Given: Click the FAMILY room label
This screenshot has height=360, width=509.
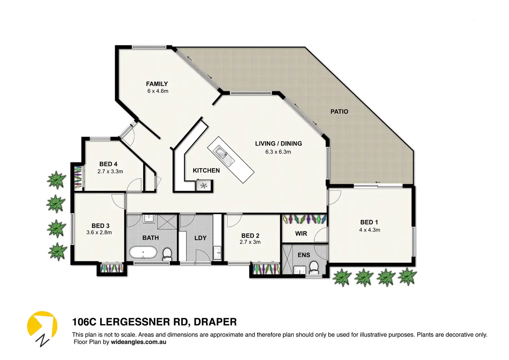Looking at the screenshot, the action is pos(157,84).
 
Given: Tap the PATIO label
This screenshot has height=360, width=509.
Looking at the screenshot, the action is pos(339,112).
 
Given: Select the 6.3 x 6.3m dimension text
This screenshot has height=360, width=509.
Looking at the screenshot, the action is pos(278,152).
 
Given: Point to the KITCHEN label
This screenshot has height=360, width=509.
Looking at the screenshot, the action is pos(206,170).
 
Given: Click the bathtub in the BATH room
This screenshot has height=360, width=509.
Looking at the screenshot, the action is pos(143,252).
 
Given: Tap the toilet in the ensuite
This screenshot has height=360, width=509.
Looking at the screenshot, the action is pos(314,267).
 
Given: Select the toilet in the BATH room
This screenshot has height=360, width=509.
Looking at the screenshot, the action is pos(167,254).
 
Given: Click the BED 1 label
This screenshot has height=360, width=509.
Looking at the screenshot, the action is pos(369,222).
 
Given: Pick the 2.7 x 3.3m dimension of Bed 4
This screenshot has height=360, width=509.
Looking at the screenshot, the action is pos(110,172).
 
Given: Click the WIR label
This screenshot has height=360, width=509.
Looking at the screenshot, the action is pos(301,233).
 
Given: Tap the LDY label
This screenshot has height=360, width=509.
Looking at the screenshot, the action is pos(201,238).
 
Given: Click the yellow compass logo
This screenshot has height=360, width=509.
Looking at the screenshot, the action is pos(42,324).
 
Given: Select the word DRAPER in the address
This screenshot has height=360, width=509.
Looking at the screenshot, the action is pos(215,322).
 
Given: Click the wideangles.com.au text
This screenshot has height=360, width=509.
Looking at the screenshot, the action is pos(138,342).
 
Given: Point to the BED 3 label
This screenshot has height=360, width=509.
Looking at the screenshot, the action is pos(100,226).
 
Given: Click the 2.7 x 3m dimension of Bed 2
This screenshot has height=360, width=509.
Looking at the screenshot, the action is pos(250,242).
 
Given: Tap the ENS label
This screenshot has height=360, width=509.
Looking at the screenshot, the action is pos(304,255).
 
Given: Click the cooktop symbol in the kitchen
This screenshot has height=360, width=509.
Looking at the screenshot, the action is pos(204,186).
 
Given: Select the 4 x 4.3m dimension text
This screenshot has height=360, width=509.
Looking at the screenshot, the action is pos(370,230).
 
